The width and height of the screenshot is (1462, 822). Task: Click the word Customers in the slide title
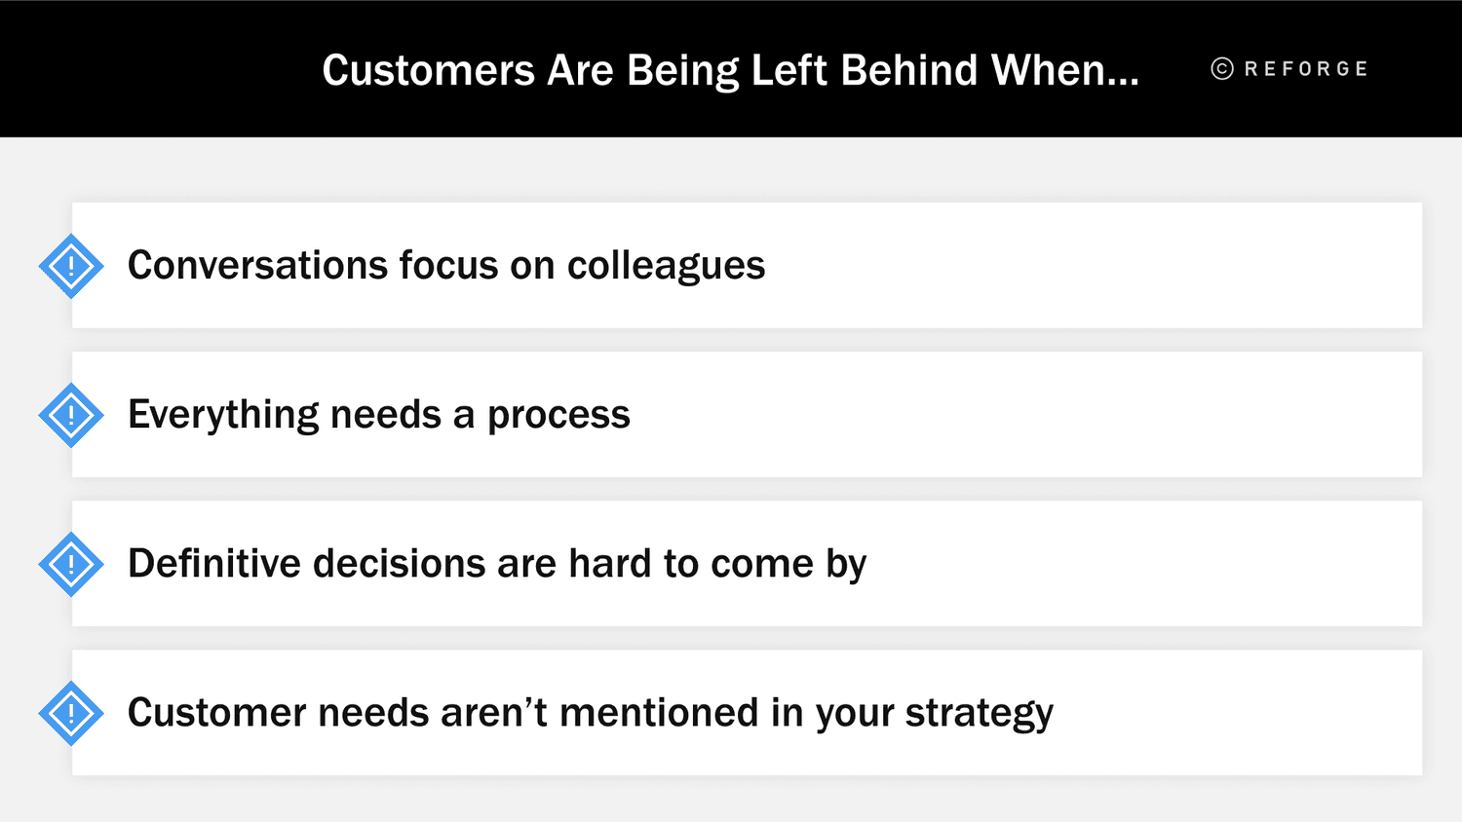click(x=429, y=70)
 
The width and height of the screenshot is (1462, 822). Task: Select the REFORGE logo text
click(x=1306, y=69)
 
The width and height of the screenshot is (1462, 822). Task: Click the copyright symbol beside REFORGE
click(x=1222, y=69)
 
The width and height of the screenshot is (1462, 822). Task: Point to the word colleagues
click(x=666, y=266)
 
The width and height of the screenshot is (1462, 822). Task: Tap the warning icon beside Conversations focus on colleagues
click(x=71, y=266)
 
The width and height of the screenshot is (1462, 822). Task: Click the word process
click(x=558, y=415)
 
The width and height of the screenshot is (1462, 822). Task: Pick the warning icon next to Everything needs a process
click(x=71, y=415)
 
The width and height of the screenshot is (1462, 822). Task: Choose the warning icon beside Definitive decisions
click(x=71, y=564)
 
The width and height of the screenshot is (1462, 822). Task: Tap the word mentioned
click(x=659, y=713)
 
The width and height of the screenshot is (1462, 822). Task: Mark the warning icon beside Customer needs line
click(x=71, y=713)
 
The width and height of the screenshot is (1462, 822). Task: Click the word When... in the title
click(x=1064, y=70)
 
